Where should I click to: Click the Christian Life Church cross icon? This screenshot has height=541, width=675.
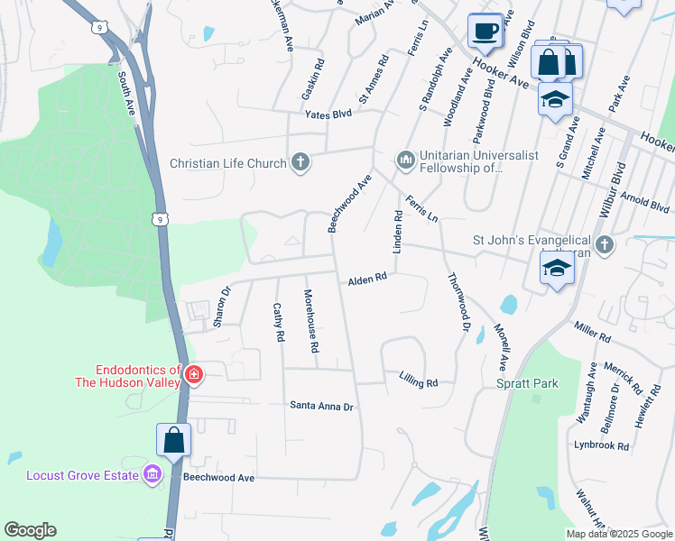[300, 163]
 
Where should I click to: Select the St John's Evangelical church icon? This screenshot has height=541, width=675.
[605, 245]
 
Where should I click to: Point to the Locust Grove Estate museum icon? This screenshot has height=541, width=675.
[152, 474]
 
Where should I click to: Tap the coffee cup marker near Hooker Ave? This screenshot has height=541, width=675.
[485, 31]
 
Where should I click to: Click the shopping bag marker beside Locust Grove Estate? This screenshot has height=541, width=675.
[174, 440]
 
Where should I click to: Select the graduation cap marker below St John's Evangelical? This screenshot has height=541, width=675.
[557, 268]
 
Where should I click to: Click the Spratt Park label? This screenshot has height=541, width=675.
[527, 383]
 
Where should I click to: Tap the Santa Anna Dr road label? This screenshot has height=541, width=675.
[321, 406]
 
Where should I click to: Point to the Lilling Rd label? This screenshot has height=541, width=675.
[418, 382]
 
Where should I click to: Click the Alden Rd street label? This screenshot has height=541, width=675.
[367, 280]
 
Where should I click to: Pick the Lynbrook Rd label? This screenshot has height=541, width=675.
[601, 445]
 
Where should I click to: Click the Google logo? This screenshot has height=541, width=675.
[30, 530]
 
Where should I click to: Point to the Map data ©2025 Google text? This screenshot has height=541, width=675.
[618, 534]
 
